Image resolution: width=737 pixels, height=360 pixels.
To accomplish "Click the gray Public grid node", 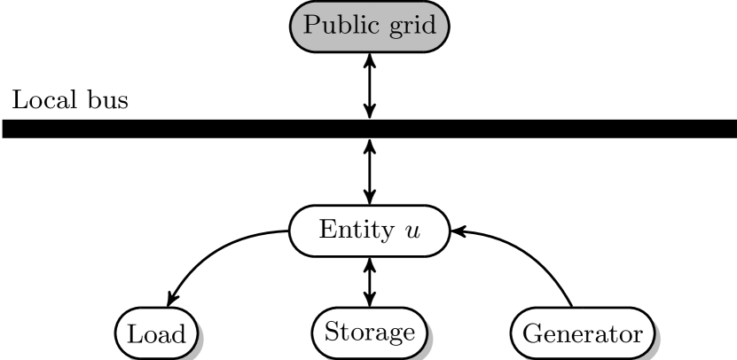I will click(369, 26).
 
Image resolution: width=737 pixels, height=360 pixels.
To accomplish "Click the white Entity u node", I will click(369, 231).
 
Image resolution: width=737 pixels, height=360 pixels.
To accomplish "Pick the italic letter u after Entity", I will click(412, 232).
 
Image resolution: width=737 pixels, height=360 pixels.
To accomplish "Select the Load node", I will click(156, 334).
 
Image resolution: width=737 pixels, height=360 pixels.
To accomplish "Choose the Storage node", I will click(369, 333).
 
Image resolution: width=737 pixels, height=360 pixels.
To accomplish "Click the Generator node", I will click(582, 334).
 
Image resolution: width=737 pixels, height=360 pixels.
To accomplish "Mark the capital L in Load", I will click(134, 334).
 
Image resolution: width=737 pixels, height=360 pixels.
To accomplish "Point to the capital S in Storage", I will click(331, 333).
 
